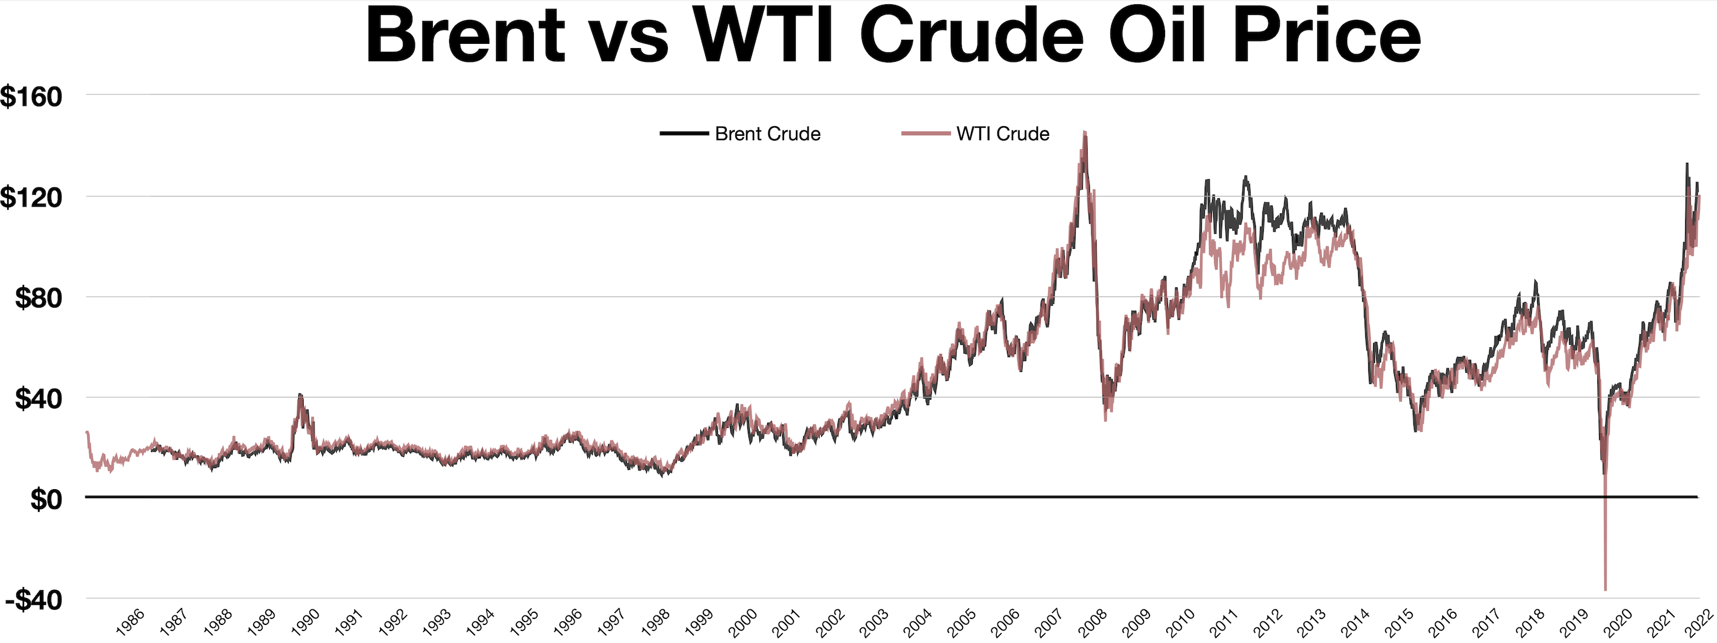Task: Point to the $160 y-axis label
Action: (x=31, y=97)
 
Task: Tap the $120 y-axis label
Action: (x=31, y=197)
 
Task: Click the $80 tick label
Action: (x=38, y=298)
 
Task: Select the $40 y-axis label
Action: (x=38, y=399)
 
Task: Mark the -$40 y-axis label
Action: (x=34, y=600)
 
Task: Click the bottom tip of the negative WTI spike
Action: (x=1605, y=589)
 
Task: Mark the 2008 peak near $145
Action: (x=1085, y=133)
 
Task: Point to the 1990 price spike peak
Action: (x=300, y=395)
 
